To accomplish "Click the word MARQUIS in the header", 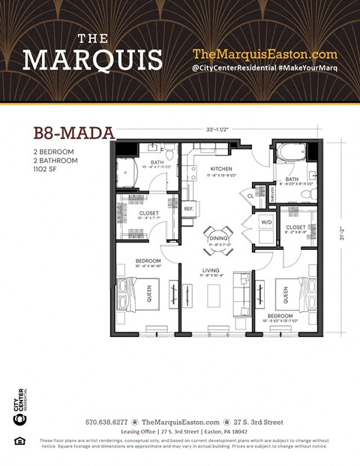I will (x=92, y=58).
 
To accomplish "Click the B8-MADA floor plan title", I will (x=73, y=134).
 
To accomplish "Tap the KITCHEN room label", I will (x=221, y=170).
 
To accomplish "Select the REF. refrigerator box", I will (x=188, y=208).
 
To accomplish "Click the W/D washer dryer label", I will (x=266, y=222).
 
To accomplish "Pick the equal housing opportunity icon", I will (x=19, y=440).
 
